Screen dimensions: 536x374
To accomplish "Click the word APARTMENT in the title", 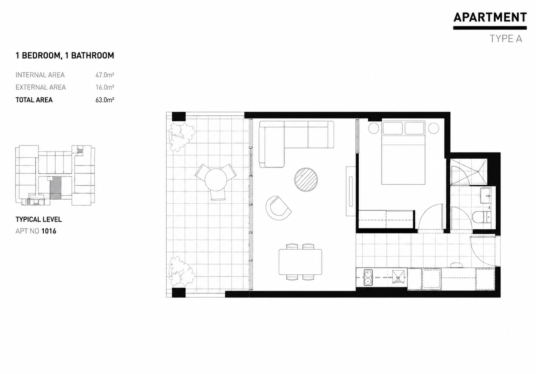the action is pos(490,17).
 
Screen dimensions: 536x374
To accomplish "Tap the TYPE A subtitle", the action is pos(506,39).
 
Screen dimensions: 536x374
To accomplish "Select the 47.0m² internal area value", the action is pos(105,75).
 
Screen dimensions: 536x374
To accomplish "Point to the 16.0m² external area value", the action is pos(105,87).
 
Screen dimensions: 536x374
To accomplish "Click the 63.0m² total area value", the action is pos(105,100).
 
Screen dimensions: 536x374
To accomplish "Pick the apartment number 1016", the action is pos(49,231).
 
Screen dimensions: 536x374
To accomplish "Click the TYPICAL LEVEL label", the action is pos(39,219).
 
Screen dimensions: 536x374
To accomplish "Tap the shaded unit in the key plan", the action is pos(56,188).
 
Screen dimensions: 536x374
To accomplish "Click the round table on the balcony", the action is pos(216,179).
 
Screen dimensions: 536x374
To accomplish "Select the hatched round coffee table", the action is pos(306,180).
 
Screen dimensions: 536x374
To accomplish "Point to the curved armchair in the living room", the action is pos(278,208).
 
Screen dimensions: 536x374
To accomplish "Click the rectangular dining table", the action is pos(300,262).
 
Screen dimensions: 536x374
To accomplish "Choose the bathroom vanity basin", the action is pos(486,195).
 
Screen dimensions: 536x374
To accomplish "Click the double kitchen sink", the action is pos(368,278).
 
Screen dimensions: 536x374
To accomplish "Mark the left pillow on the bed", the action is pos(393,128).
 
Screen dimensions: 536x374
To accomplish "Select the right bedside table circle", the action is pos(433,128).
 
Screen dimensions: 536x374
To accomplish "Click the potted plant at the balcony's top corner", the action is pos(181,137).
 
